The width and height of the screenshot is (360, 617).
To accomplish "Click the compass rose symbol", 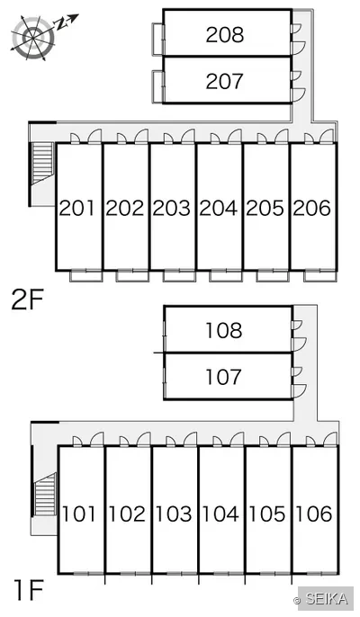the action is (33, 38).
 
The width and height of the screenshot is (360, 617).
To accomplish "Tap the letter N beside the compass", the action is (61, 23).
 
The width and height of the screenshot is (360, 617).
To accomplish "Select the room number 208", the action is (225, 34).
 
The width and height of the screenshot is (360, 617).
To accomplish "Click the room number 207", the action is (224, 81).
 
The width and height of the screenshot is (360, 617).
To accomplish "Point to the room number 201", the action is (77, 208).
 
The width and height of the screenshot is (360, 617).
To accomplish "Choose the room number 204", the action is (219, 208).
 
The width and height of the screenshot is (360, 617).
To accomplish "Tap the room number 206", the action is (312, 208).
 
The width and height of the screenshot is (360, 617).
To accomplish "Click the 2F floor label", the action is (27, 300).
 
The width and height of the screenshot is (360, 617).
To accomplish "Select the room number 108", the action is (224, 330).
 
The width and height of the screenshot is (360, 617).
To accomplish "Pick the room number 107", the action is (223, 377).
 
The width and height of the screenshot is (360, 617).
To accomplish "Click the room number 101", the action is (79, 514).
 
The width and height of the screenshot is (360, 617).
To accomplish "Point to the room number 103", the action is (174, 514).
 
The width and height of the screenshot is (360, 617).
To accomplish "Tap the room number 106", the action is (314, 514).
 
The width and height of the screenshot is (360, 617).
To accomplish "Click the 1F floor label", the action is (28, 590).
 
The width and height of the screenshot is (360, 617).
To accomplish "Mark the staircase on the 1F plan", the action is (45, 495).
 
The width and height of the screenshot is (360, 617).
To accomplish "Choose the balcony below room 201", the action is (86, 276).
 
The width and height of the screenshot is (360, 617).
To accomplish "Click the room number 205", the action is (265, 208).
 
